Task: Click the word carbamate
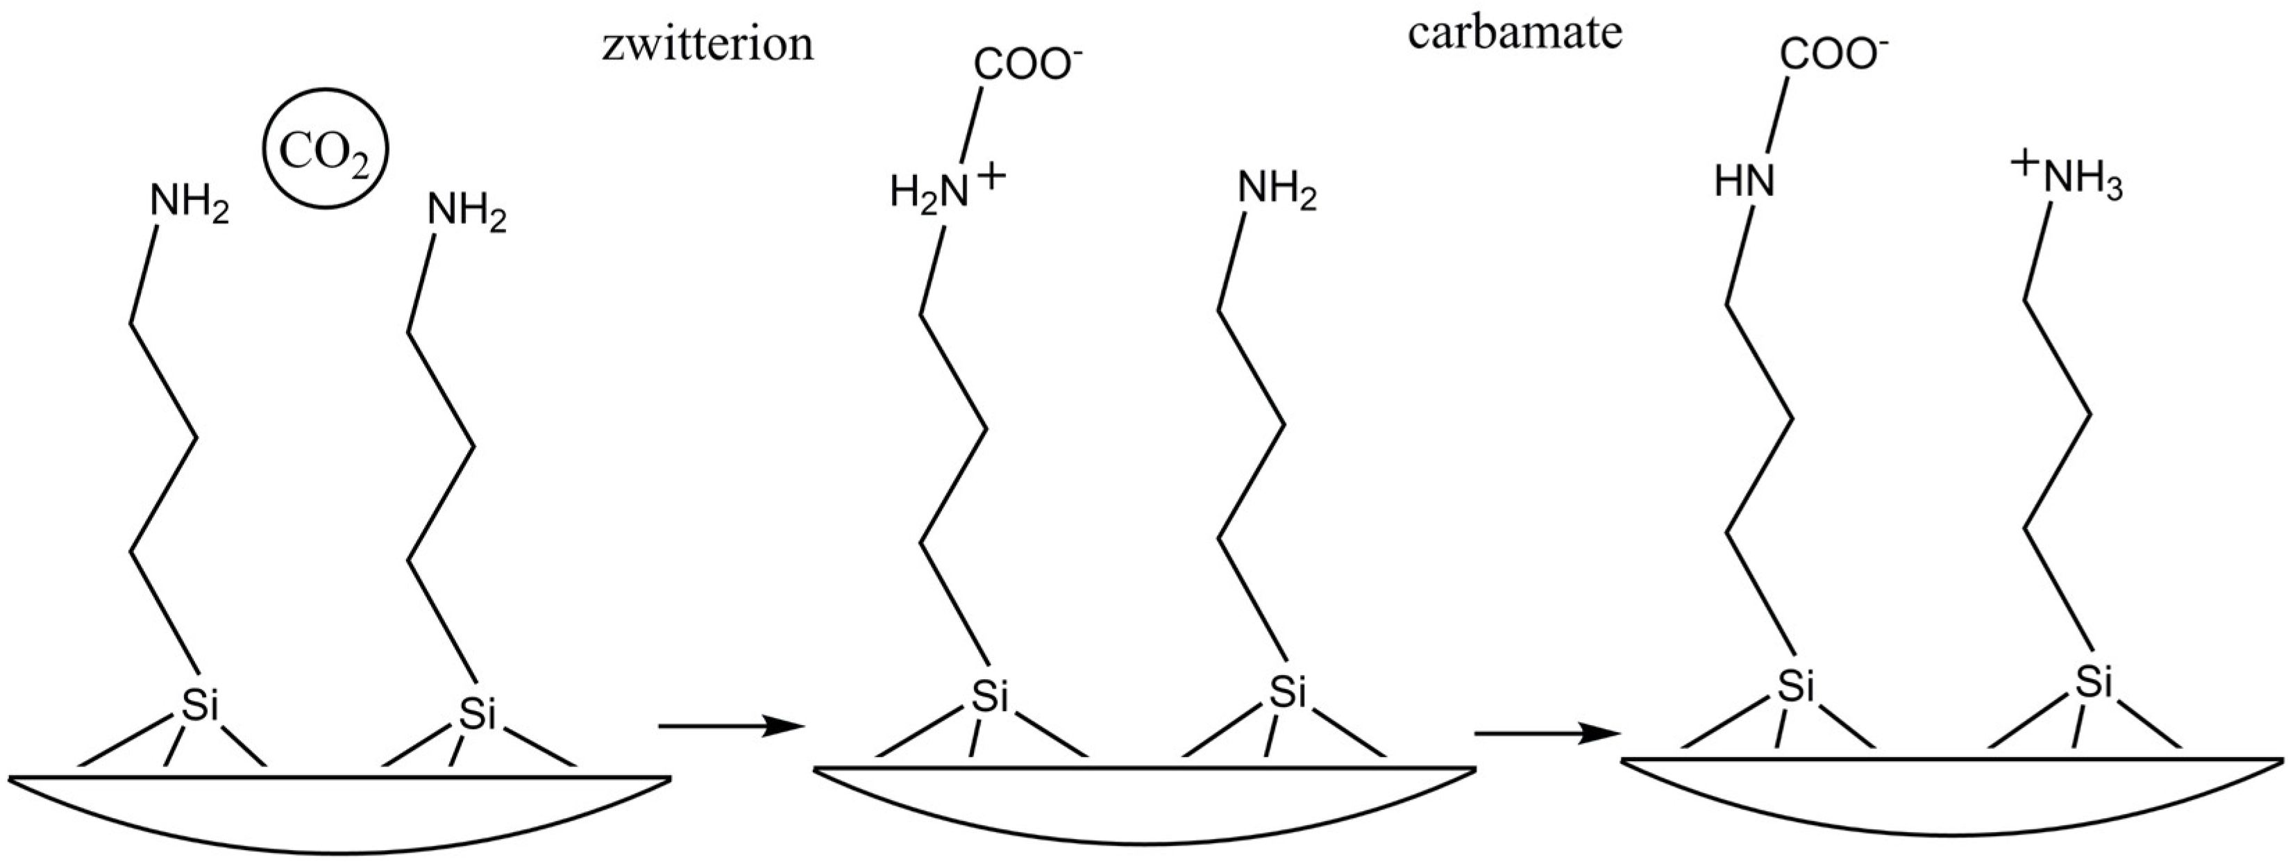pyautogui.click(x=1515, y=34)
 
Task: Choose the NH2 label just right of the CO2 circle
pyautogui.click(x=466, y=214)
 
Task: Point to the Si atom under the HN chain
pyautogui.click(x=1796, y=687)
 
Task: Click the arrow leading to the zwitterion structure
pyautogui.click(x=730, y=727)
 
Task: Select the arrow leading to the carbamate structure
pyautogui.click(x=1547, y=735)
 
